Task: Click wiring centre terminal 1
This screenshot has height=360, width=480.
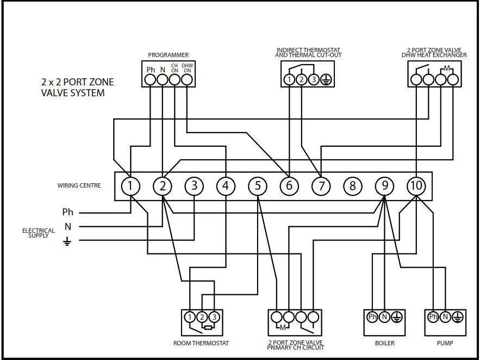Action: (x=130, y=187)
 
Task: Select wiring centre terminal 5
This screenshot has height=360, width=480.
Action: (x=258, y=187)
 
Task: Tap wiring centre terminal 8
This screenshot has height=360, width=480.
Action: (x=352, y=187)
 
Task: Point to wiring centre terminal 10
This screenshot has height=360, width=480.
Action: (x=416, y=187)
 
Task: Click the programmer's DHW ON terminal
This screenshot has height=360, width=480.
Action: (x=186, y=79)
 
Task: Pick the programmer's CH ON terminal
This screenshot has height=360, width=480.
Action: (x=174, y=79)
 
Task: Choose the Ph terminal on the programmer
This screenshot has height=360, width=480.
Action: (x=151, y=79)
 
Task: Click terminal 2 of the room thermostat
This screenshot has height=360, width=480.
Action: (x=202, y=317)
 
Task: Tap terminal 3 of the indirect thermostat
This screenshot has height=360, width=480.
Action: (x=314, y=80)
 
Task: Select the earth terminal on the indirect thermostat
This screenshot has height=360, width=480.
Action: (x=326, y=80)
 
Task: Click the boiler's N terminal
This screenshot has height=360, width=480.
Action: (x=384, y=317)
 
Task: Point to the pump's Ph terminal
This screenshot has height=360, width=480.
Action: (x=433, y=317)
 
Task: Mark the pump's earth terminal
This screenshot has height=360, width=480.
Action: (x=458, y=317)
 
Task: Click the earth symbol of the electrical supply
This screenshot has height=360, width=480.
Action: (x=67, y=241)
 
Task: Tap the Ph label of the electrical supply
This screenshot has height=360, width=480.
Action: (x=67, y=212)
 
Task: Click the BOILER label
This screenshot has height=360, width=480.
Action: (x=384, y=344)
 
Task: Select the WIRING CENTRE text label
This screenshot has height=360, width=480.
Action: (x=79, y=186)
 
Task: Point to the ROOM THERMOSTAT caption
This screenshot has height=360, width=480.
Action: (x=201, y=344)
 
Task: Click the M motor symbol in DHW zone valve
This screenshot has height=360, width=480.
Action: (x=447, y=69)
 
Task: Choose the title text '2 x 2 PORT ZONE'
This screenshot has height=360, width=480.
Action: (x=78, y=82)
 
